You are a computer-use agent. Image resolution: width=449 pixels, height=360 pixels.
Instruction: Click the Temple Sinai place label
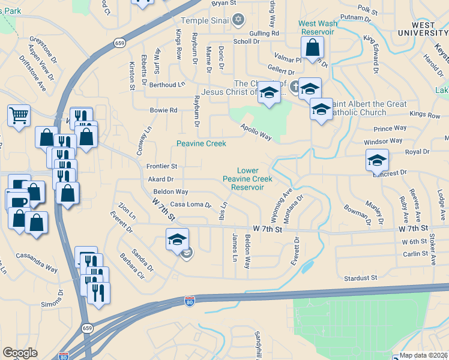tap(205, 20)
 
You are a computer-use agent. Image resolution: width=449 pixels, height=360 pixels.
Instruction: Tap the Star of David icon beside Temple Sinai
tap(238, 20)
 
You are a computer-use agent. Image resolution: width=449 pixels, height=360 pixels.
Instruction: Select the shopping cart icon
tap(19, 114)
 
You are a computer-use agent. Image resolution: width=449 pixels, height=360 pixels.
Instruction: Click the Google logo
tap(20, 353)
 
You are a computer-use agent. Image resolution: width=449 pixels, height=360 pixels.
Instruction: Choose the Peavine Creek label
tap(201, 143)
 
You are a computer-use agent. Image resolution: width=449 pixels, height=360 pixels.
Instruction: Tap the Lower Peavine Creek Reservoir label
tap(247, 179)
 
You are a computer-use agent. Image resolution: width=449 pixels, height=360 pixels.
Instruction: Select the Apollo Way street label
tap(256, 133)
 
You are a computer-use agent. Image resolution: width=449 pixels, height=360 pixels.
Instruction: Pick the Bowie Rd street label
tap(164, 110)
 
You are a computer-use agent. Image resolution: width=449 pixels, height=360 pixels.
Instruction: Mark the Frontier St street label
tap(162, 166)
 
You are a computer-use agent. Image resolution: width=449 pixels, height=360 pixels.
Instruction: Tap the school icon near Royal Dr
tap(377, 160)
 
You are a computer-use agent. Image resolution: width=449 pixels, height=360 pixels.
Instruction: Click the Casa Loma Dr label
tap(191, 205)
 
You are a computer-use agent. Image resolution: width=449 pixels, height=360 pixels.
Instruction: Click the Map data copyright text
tap(423, 355)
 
